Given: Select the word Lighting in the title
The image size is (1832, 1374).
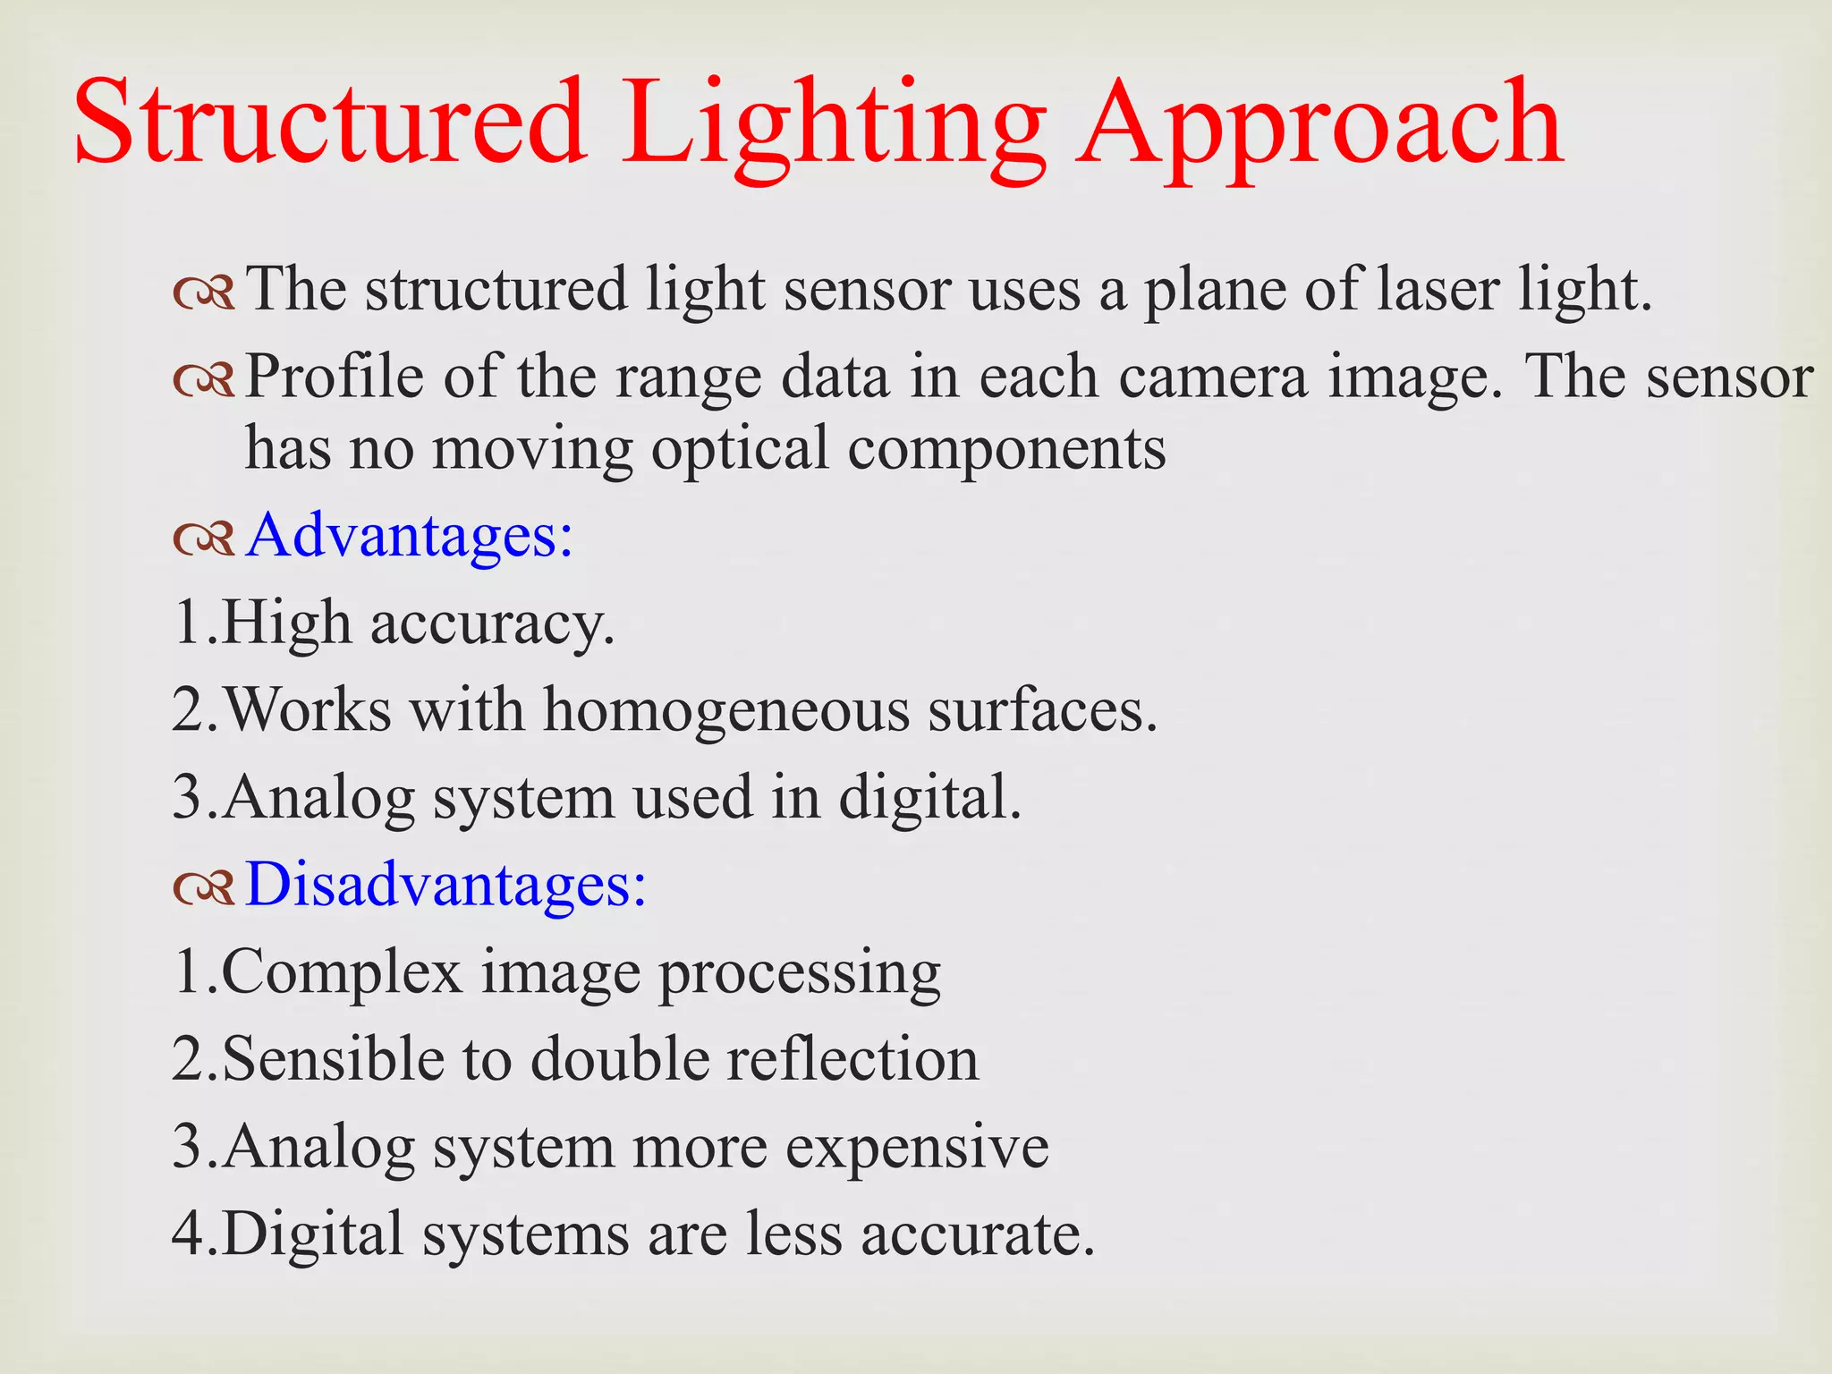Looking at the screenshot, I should tap(834, 125).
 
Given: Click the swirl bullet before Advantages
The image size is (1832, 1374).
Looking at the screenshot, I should tap(204, 538).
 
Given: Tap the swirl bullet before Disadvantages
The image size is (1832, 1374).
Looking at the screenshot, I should tap(204, 886).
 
